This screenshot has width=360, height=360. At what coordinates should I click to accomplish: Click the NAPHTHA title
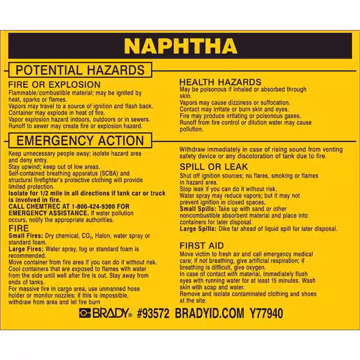pyautogui.click(x=180, y=46)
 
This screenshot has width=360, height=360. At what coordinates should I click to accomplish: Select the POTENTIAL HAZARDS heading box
pyautogui.click(x=79, y=70)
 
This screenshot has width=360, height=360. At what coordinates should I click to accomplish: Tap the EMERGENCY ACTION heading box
pyautogui.click(x=79, y=141)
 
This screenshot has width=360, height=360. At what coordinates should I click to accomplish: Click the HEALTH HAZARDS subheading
pyautogui.click(x=220, y=82)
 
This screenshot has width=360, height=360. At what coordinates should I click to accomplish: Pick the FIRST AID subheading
pyautogui.click(x=201, y=245)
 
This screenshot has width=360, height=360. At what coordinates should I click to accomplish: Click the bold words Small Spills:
pyautogui.click(x=196, y=209)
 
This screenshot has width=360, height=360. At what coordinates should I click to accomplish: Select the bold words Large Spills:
pyautogui.click(x=196, y=228)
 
